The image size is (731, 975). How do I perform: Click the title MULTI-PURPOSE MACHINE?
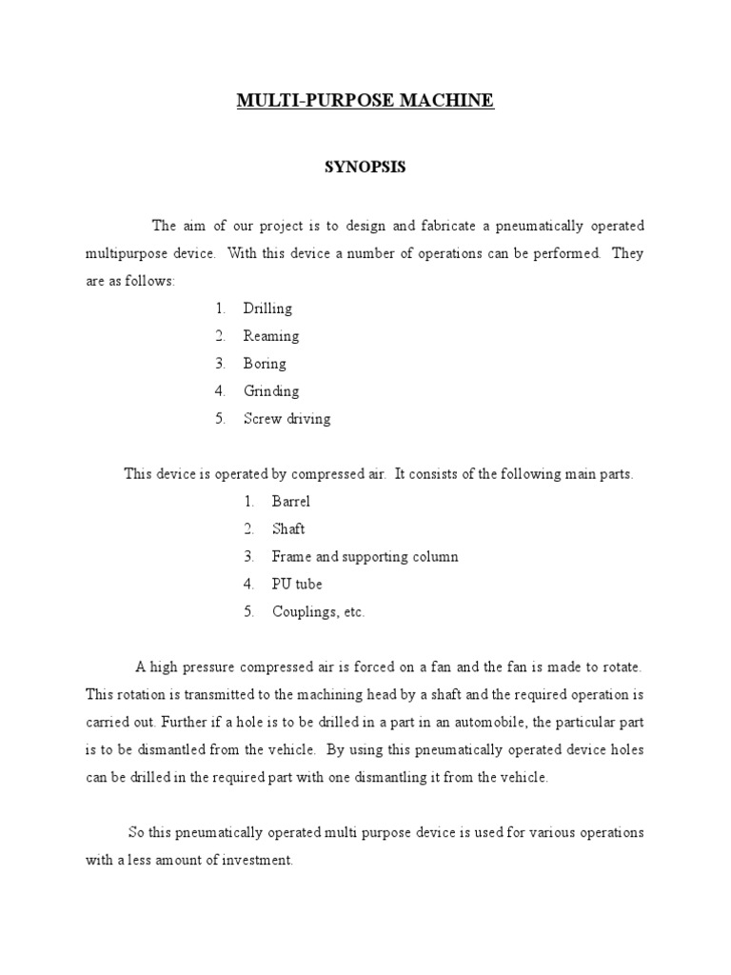[x=365, y=100]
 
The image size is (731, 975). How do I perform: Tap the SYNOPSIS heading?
[x=365, y=167]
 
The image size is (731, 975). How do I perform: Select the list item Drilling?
[x=267, y=308]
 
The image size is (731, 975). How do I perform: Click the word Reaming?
[x=270, y=336]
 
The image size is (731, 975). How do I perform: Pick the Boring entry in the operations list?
[x=264, y=364]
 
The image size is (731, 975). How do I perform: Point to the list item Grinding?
[x=270, y=391]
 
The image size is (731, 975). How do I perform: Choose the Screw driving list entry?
[x=286, y=419]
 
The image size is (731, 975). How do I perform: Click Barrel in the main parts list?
[x=291, y=502]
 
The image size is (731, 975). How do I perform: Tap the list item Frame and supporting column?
[x=365, y=557]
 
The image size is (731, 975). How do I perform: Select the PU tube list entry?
[x=297, y=585]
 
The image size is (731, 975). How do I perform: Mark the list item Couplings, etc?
[x=318, y=612]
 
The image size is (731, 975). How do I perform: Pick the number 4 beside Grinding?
[x=219, y=391]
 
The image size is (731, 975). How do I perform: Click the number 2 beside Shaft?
[x=247, y=529]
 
